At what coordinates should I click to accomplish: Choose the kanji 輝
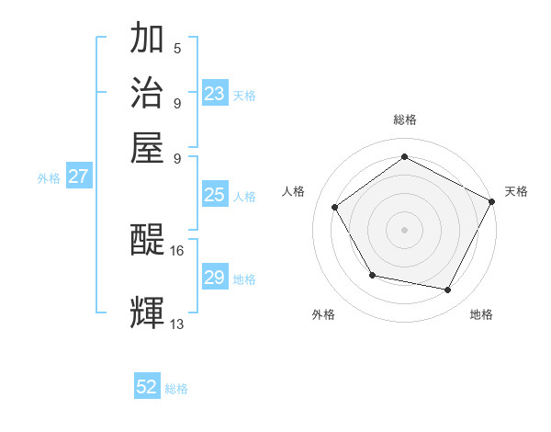[149, 313]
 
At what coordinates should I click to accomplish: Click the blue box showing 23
[215, 94]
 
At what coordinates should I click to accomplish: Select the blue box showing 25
[215, 195]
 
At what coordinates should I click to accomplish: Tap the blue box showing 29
[215, 278]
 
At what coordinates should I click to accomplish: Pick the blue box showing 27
[78, 176]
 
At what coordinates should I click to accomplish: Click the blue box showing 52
[147, 387]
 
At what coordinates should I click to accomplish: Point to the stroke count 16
[177, 250]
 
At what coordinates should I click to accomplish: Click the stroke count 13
[177, 324]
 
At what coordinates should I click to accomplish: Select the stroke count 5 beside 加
[177, 48]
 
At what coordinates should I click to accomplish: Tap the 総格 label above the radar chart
[404, 120]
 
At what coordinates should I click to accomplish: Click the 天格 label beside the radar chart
[516, 191]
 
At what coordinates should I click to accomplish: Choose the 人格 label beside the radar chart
[294, 191]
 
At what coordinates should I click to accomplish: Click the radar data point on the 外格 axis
[372, 275]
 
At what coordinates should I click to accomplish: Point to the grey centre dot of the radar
[404, 229]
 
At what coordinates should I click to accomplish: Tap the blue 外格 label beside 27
[48, 178]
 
